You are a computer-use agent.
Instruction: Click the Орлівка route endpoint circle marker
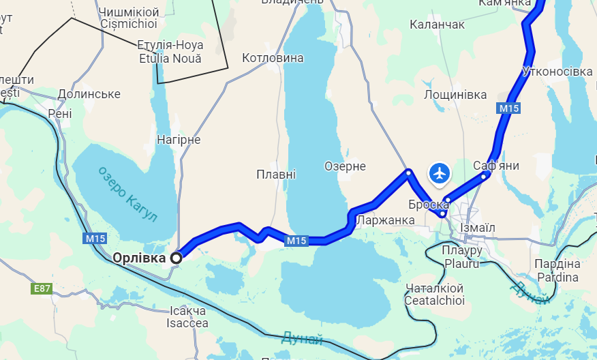point(177,258)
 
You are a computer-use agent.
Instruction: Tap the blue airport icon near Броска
point(440,173)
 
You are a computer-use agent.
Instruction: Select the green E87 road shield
point(42,288)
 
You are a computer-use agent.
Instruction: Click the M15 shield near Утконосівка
point(508,108)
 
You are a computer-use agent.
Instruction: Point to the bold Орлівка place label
point(139,258)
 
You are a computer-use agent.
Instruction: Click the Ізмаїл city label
point(478,227)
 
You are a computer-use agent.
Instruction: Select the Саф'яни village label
point(496,166)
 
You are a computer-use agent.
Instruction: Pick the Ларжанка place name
point(385,220)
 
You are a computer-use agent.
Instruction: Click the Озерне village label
point(345,166)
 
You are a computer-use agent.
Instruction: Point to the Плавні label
point(276,175)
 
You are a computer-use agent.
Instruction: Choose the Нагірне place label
point(179,139)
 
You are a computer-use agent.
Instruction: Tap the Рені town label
point(59,113)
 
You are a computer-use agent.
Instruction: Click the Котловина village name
point(273,58)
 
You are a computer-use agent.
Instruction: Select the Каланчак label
point(437,25)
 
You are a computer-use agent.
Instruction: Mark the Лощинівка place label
point(455,95)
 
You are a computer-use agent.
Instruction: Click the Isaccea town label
point(187,323)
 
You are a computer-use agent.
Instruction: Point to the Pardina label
point(557,277)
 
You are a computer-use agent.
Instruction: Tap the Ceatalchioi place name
point(434,300)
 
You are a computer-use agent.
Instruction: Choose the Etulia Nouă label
point(170,59)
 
